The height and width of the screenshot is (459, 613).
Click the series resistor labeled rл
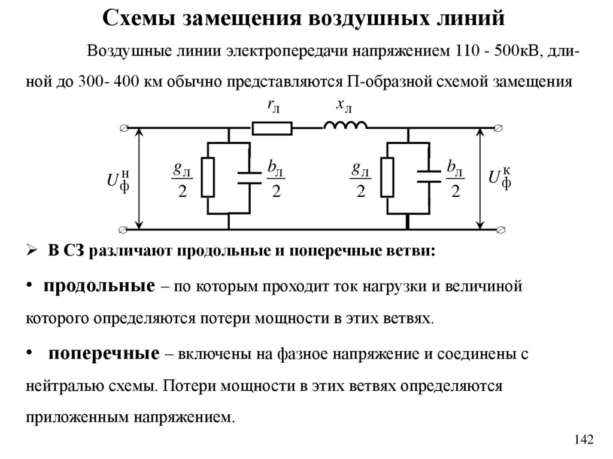272,127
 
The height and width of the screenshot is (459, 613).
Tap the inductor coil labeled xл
345,125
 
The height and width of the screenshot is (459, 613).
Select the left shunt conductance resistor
207,178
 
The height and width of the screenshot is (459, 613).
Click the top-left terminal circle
124,128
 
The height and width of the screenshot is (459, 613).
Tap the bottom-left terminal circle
124,229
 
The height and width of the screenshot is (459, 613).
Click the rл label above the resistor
274,105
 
